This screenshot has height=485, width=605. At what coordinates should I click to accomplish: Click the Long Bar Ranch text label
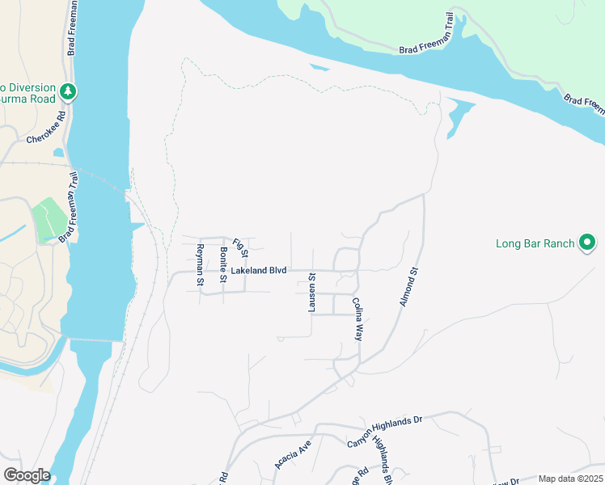(x=535, y=243)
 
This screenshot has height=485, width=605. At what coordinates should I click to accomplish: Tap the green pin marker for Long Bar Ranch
(x=588, y=242)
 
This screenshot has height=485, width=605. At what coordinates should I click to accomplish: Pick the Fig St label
(x=239, y=245)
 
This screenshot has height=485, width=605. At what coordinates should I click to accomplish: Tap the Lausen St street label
(x=311, y=293)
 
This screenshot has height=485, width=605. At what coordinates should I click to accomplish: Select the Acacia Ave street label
(x=293, y=455)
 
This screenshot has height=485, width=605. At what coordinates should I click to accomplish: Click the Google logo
(x=27, y=474)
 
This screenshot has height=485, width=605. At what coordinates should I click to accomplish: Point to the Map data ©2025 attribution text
(x=569, y=479)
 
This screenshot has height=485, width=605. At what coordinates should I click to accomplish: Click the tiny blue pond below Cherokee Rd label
(x=57, y=152)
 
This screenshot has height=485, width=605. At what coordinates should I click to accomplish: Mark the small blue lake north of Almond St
(x=457, y=116)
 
